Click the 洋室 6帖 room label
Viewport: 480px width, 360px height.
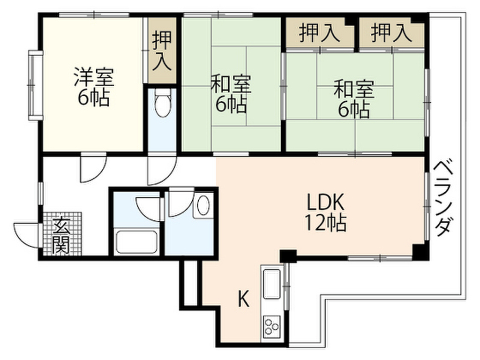pos(94,87)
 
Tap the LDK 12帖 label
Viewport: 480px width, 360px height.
pos(326,212)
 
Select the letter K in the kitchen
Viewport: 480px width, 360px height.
pos(244,299)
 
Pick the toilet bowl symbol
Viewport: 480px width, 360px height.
pos(162,103)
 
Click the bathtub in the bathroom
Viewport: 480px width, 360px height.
pos(136,242)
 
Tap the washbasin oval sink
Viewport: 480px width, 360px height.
pos(203,205)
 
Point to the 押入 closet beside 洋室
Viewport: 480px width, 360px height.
pos(162,51)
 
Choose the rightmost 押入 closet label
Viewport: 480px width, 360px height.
pos(391,33)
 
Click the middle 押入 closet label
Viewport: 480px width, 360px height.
pos(319,33)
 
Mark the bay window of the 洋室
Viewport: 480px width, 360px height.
pos(35,85)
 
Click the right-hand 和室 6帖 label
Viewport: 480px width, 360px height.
pos(354,98)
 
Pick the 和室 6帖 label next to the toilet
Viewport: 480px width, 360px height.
pos(231,93)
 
